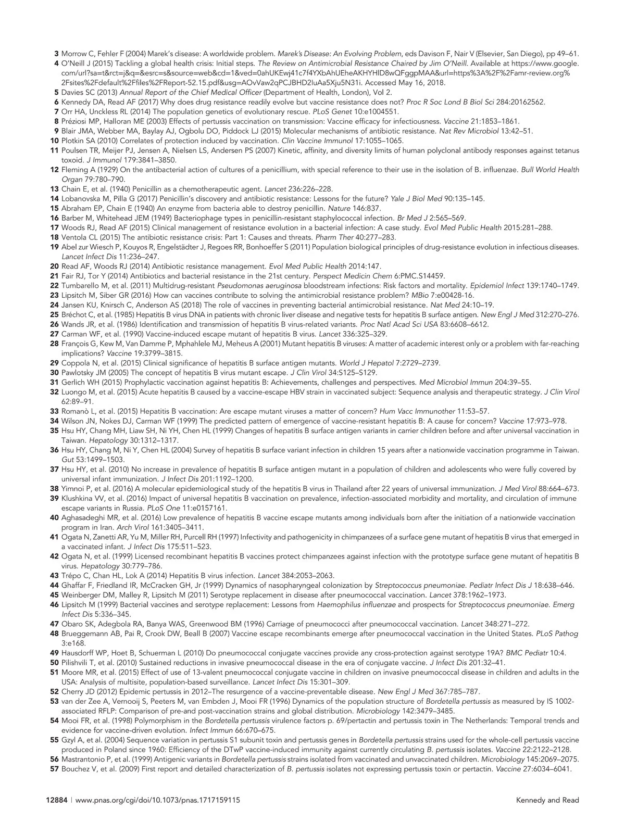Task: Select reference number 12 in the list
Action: click(54, 170)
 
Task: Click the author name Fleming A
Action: click(79, 170)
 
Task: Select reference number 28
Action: click(54, 344)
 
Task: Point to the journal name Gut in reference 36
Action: click(68, 460)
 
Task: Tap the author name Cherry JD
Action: click(80, 691)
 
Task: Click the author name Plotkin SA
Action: click(79, 141)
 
